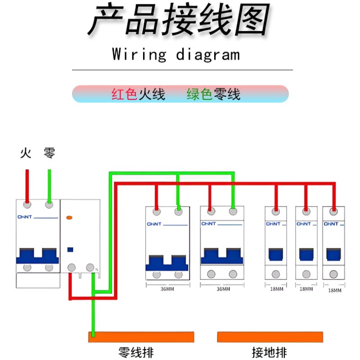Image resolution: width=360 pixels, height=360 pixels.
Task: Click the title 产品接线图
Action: tap(179, 20)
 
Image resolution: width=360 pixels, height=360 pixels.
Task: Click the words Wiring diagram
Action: tap(176, 55)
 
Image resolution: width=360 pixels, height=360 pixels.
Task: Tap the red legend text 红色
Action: tap(124, 94)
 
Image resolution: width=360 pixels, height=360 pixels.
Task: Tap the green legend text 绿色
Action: tap(199, 94)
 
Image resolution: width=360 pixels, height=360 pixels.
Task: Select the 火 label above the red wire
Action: tap(26, 153)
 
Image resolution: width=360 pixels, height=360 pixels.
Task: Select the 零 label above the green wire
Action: tap(49, 153)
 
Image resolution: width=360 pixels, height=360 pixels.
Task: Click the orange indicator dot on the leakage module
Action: tap(69, 218)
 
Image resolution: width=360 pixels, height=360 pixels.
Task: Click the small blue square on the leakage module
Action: tap(70, 249)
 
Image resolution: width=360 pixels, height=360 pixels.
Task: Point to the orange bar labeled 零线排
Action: tap(141, 337)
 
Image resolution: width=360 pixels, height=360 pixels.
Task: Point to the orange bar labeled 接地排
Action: tap(270, 337)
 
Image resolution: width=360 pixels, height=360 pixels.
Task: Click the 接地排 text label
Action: tap(270, 352)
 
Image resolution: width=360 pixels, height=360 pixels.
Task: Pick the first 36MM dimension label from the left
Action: tap(167, 289)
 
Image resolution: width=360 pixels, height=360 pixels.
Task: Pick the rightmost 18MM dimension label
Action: tap(334, 290)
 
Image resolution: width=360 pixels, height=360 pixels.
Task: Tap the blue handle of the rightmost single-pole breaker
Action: tap(333, 254)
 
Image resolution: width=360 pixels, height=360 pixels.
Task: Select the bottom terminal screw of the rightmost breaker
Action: tap(334, 274)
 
